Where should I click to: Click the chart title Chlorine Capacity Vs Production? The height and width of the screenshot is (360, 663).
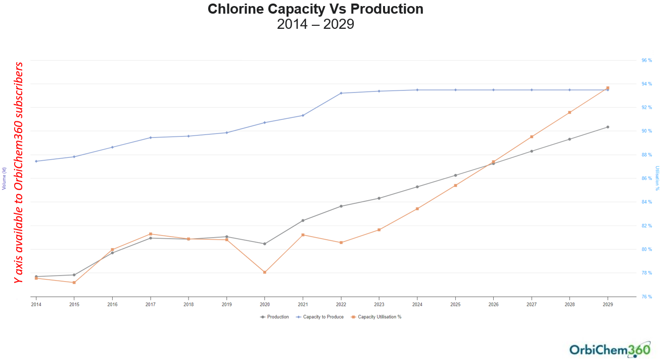315,9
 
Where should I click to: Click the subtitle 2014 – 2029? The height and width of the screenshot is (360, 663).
315,24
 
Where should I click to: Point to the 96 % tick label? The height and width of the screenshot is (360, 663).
647,60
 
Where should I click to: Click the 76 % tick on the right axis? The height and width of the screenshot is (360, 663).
647,297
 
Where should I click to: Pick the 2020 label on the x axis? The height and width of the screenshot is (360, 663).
264,305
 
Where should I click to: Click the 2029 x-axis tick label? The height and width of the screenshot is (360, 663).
607,305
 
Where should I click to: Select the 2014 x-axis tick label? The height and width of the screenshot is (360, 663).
36,305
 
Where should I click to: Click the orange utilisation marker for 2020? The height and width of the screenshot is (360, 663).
265,273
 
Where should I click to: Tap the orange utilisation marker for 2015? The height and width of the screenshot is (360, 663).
74,283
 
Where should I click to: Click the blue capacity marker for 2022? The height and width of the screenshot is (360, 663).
341,93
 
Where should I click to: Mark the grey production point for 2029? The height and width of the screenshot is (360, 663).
607,127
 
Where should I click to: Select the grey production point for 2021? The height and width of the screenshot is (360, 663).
303,220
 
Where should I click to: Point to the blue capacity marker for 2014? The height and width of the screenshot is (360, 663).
36,161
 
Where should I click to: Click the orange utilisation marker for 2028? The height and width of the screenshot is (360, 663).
570,112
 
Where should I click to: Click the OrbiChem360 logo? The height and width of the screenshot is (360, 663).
609,349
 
